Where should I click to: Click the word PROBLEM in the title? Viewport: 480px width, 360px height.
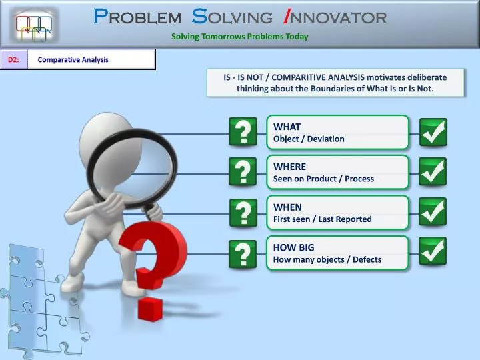[x=137, y=17]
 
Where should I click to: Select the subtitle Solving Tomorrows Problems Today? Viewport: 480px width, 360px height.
[x=239, y=37]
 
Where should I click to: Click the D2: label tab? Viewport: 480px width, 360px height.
[x=13, y=60]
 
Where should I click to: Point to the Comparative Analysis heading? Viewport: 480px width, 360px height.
[x=73, y=60]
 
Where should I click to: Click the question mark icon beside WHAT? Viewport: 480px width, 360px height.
[x=243, y=132]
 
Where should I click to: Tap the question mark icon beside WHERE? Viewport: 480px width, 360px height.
[x=243, y=172]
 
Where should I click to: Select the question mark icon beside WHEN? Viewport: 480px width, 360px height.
[x=243, y=213]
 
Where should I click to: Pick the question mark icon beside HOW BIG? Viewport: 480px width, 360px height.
[x=243, y=253]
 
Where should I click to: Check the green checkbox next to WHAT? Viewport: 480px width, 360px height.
[x=433, y=132]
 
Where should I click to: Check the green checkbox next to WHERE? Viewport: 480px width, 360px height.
[x=433, y=171]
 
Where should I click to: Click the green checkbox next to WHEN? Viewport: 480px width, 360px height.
[x=433, y=211]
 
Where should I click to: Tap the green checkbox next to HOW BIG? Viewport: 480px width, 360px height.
[x=433, y=251]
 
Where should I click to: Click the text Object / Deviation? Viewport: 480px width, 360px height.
[x=309, y=139]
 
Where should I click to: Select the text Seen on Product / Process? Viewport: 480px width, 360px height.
[x=323, y=179]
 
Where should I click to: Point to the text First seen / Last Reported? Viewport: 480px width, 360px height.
[x=322, y=219]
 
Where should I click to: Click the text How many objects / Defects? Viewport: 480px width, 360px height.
[x=327, y=259]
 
